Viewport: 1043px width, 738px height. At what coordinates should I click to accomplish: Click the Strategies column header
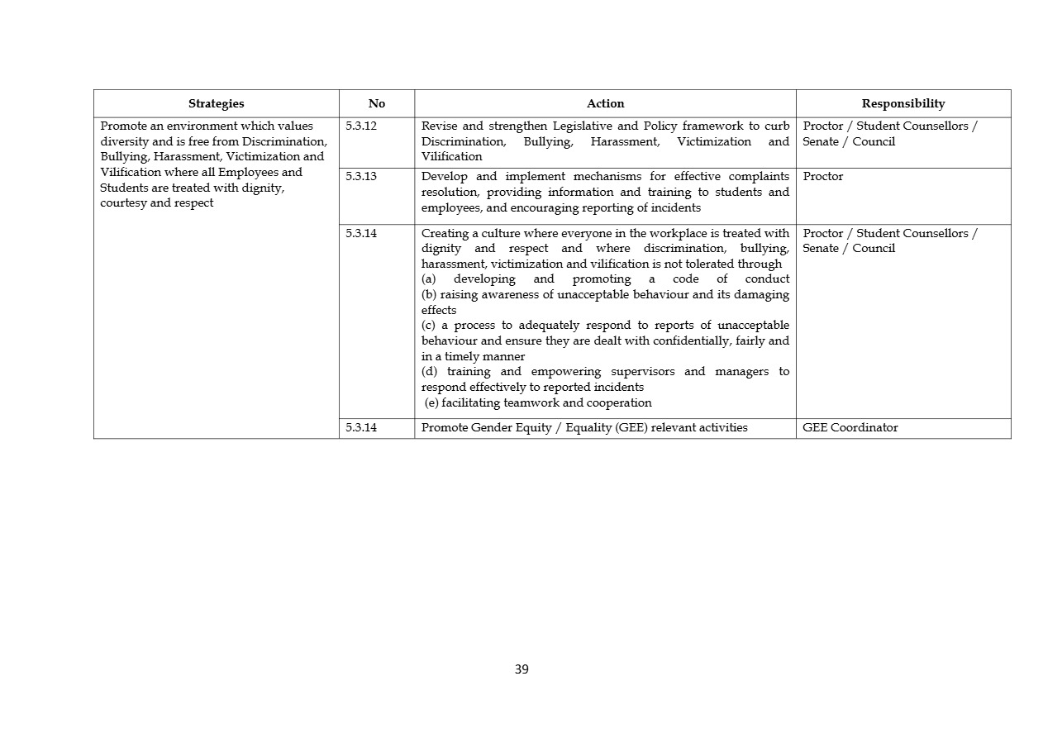click(x=216, y=103)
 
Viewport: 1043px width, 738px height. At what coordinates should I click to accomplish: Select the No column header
click(x=376, y=103)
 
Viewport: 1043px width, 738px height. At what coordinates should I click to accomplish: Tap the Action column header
click(x=605, y=103)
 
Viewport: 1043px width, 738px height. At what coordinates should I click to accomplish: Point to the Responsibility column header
click(x=903, y=103)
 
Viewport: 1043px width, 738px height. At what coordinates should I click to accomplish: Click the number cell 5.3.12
click(x=361, y=126)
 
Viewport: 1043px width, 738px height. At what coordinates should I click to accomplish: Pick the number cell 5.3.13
click(x=361, y=177)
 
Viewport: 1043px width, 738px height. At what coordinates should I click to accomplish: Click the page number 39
click(x=521, y=669)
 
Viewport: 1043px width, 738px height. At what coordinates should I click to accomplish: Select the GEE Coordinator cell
click(x=850, y=428)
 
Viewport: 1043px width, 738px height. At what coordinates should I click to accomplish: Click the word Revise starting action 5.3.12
click(x=438, y=126)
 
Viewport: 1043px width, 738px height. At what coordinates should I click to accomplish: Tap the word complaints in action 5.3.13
click(x=759, y=177)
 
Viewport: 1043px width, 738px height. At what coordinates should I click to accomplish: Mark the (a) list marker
click(x=428, y=279)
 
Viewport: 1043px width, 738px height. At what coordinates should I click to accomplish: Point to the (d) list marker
click(x=429, y=372)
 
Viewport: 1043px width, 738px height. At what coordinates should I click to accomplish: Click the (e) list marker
click(x=431, y=403)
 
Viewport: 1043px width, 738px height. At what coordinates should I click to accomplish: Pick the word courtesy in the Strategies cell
click(x=123, y=203)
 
